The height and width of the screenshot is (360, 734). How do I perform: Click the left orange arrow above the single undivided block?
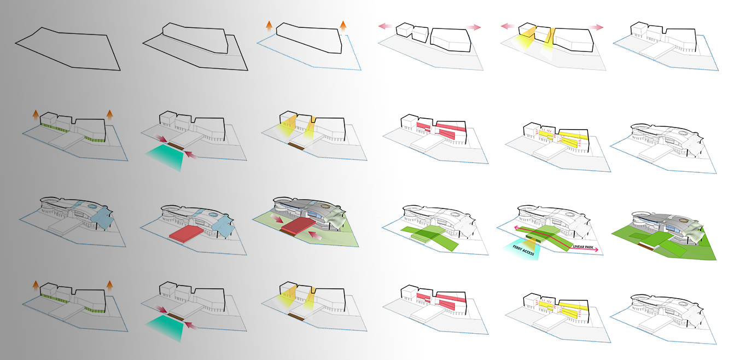(x=269, y=26)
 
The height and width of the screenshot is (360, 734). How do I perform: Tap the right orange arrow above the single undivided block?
(x=343, y=26)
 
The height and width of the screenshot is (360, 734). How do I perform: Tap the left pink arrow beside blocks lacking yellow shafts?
(x=385, y=26)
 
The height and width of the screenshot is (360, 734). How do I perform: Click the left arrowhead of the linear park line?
(x=516, y=227)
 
